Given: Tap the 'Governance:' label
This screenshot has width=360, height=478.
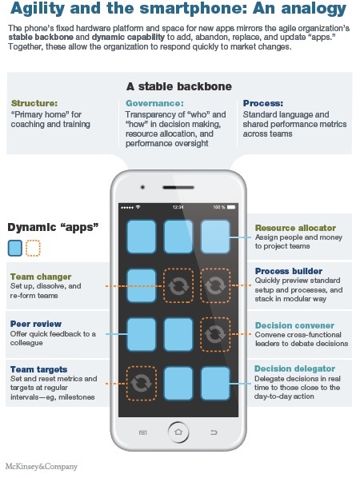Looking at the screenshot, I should [154, 103].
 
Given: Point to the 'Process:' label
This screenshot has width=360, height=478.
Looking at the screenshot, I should [262, 103].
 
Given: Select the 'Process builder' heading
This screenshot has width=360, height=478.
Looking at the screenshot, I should [289, 271].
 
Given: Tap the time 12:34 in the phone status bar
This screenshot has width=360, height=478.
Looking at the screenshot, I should [179, 205].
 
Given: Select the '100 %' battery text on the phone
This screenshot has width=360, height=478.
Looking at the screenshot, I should [229, 205].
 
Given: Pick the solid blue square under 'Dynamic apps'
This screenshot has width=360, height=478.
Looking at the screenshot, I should [14, 249].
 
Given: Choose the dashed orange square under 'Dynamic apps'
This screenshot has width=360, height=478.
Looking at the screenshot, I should [32, 249].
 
